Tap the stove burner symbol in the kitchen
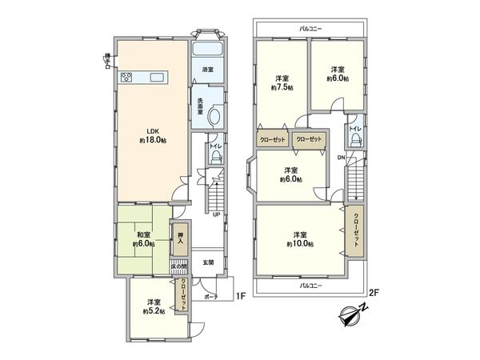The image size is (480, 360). tap(126, 78)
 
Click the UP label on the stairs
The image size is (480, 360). tap(216, 214)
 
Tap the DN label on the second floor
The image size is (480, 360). tap(342, 158)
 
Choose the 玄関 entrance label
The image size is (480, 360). tap(206, 262)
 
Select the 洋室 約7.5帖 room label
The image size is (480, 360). tap(282, 82)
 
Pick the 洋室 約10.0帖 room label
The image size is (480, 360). tap(302, 238)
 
